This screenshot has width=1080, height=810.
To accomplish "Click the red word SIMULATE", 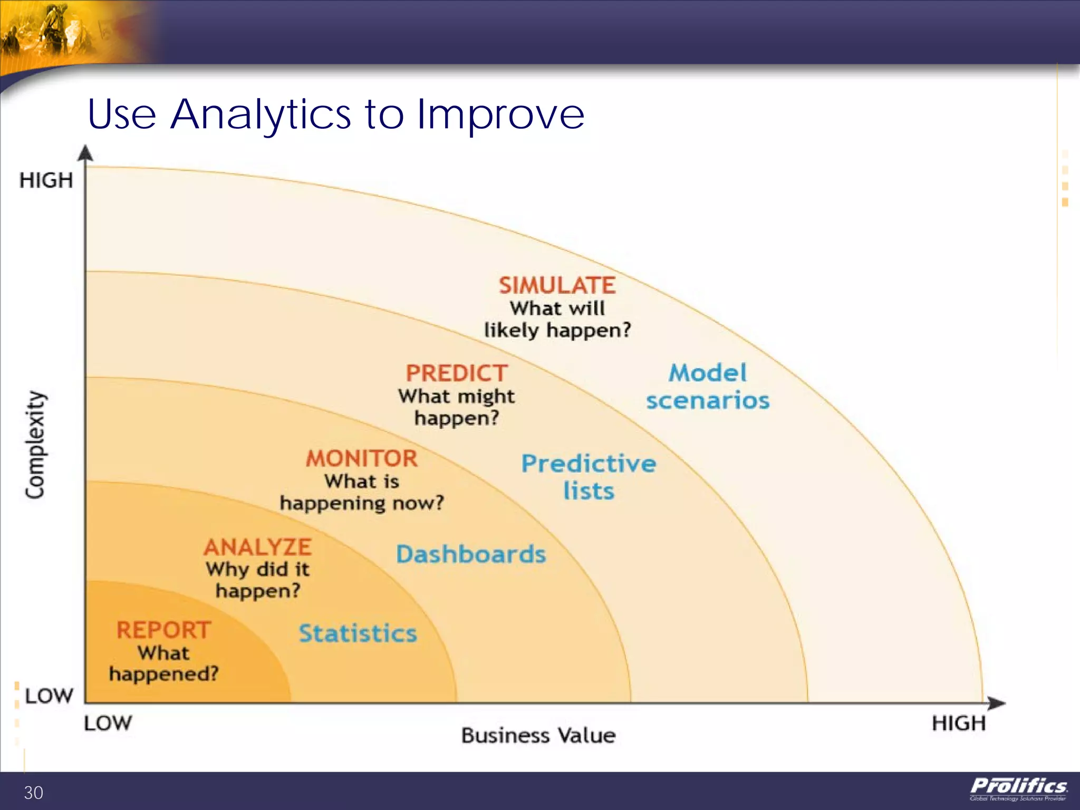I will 557,286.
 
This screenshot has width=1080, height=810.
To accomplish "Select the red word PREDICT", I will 457,373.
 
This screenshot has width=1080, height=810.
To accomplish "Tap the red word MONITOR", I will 362,458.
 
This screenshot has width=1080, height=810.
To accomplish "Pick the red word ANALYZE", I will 258,547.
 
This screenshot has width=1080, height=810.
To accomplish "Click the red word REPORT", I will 163,630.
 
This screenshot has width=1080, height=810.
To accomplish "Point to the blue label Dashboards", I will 471,554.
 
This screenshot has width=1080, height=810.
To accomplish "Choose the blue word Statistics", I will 358,633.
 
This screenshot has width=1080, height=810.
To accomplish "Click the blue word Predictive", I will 589,464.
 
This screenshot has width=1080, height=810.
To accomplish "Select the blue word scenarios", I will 708,401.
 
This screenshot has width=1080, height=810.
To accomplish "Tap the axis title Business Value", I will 538,735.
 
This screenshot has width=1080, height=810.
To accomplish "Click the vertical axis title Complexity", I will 35,445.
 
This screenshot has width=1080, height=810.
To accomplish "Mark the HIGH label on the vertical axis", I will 46,180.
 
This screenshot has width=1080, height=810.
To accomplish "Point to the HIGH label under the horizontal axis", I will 958,723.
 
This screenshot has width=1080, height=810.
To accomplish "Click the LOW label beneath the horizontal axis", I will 108,723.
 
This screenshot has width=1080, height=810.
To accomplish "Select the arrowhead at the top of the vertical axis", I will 85,153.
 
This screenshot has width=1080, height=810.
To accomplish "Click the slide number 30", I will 33,793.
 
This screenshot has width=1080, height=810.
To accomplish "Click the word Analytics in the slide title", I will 261,114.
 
